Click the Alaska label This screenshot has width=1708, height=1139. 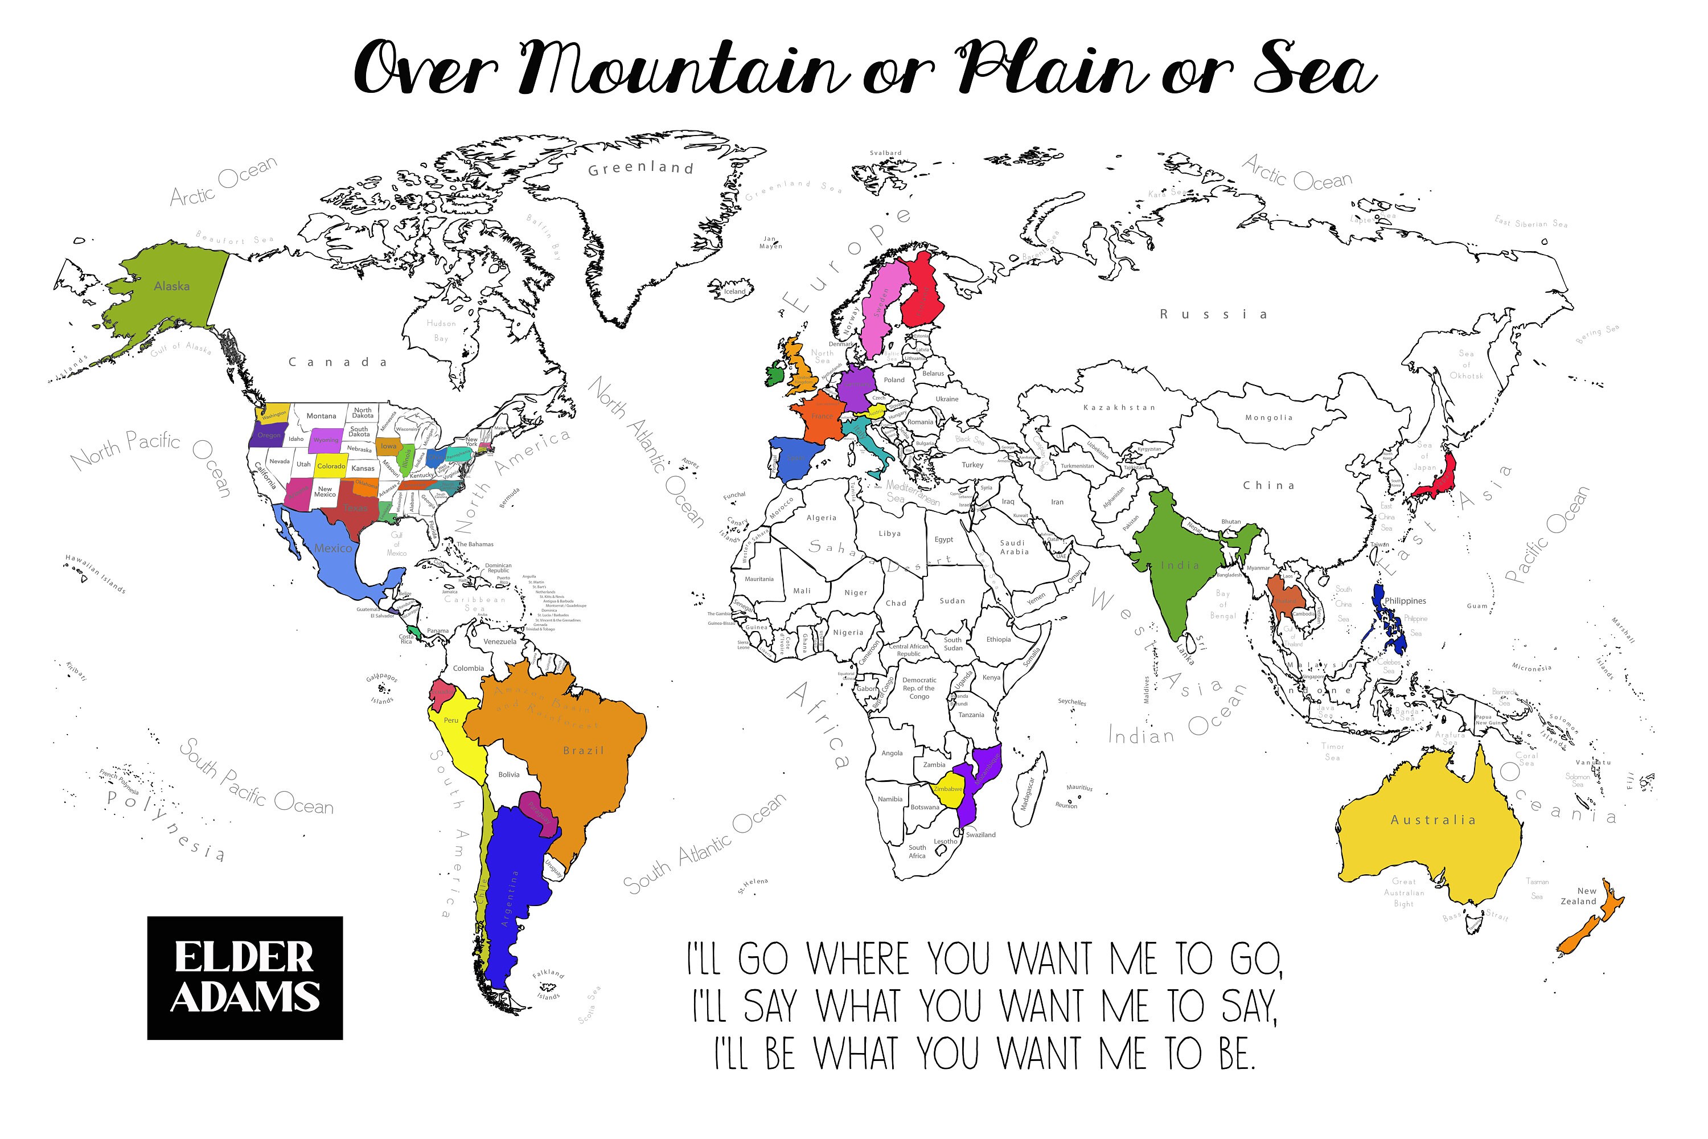click(x=171, y=286)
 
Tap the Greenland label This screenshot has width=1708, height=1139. click(x=640, y=169)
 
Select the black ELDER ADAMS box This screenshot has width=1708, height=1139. click(x=245, y=977)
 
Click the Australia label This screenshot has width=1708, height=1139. click(x=1433, y=820)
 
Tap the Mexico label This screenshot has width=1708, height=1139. click(x=332, y=548)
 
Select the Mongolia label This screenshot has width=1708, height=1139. click(x=1268, y=417)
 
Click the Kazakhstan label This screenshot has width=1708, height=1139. click(x=1119, y=408)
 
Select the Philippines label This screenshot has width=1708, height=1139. click(x=1405, y=601)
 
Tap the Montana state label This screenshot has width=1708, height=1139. click(x=321, y=416)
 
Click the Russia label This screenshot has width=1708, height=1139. click(x=1213, y=314)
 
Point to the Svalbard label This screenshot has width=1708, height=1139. click(x=885, y=153)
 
